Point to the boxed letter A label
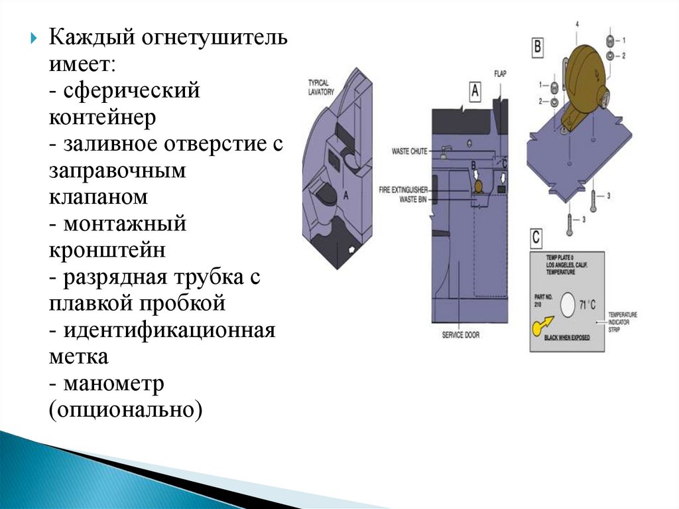(x=475, y=92)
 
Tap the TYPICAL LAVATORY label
(x=321, y=87)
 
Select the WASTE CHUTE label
(x=409, y=151)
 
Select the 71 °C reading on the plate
(x=587, y=305)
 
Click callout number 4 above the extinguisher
(x=577, y=25)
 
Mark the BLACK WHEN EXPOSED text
(x=566, y=337)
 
